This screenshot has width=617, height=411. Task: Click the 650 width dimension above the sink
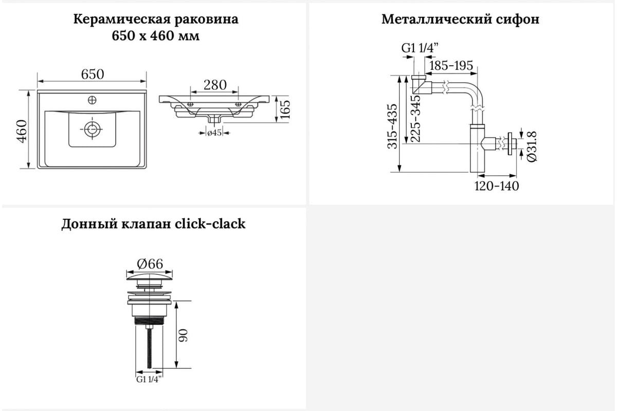[x=93, y=74]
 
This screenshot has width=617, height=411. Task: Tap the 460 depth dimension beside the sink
[x=22, y=131]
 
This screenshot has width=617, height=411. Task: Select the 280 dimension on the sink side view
[x=215, y=85]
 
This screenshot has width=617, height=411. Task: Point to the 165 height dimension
[x=285, y=109]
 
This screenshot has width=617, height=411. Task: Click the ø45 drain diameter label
[x=214, y=133]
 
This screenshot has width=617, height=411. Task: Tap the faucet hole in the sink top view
[x=92, y=100]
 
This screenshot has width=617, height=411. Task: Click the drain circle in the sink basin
[x=92, y=129]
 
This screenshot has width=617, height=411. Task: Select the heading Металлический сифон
[x=460, y=20]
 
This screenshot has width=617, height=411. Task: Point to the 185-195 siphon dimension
[x=451, y=66]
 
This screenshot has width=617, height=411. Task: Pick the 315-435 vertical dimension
[x=392, y=126]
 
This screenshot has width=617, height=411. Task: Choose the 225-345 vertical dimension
[x=415, y=119]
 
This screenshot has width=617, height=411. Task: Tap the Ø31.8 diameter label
[x=532, y=147]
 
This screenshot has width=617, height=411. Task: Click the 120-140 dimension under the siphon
[x=497, y=186]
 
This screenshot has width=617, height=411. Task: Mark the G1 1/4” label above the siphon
[x=420, y=48]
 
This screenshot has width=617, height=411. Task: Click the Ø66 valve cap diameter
[x=150, y=264]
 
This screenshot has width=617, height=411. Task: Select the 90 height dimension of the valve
[x=183, y=335]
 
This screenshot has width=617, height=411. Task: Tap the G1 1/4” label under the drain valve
[x=149, y=379]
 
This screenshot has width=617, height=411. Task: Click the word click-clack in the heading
[x=210, y=223]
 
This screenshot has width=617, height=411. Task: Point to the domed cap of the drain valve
[x=150, y=277]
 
